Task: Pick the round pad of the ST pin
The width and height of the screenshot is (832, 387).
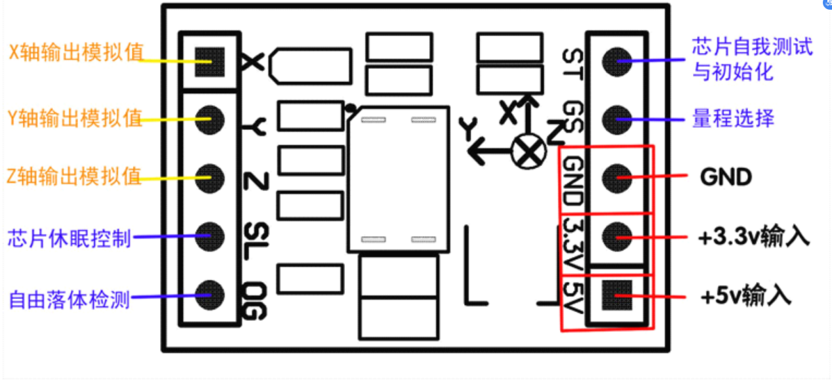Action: coord(617,61)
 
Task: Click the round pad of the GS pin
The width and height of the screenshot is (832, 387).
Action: coord(617,118)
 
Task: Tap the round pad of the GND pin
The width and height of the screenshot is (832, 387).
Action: coord(617,176)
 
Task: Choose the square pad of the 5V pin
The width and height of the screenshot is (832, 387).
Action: coord(617,295)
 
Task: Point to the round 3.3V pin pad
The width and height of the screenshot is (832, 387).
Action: coord(617,234)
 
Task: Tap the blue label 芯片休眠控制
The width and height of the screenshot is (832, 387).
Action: coord(69,237)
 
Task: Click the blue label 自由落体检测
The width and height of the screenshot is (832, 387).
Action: coord(69,300)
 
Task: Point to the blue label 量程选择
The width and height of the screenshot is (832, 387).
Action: coord(733,119)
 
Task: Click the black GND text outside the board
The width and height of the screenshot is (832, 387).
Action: coord(726,176)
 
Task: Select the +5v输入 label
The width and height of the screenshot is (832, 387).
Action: coord(745,296)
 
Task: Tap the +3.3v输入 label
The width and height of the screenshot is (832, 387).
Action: coord(754,237)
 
